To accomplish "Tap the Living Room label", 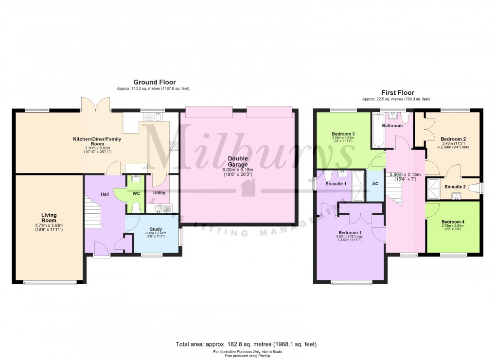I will [49, 218].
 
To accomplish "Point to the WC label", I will [136, 193].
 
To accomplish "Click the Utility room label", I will [159, 193].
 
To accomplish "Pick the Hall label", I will [105, 194].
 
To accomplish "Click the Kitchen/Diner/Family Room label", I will [97, 141].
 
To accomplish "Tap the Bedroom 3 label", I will [343, 134].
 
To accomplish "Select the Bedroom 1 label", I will [350, 233].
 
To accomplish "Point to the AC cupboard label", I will [375, 184].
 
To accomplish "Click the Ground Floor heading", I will [155, 83].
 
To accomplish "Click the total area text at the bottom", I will [246, 344].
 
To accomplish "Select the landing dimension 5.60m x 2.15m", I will [405, 174].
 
